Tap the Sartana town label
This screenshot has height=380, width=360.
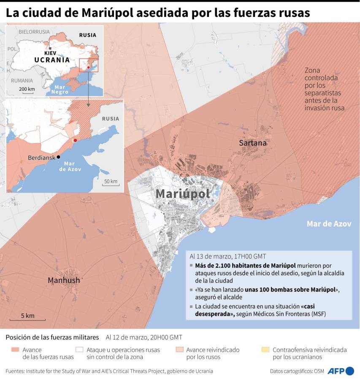(x=253, y=143)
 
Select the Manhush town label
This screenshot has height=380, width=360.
(x=64, y=280)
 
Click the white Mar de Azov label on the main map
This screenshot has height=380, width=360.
(x=329, y=224)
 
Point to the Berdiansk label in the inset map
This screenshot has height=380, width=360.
(x=42, y=157)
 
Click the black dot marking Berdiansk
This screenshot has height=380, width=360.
(x=59, y=157)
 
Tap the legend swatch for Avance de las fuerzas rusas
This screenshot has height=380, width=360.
(x=15, y=350)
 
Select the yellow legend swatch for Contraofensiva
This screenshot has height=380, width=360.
(x=265, y=350)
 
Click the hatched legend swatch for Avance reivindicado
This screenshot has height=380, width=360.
(x=179, y=350)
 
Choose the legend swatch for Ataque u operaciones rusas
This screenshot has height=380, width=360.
(x=79, y=350)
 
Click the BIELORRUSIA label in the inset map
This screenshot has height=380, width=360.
(x=34, y=32)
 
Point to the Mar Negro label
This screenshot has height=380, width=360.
(x=58, y=89)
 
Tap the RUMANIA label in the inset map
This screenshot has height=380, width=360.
(x=22, y=80)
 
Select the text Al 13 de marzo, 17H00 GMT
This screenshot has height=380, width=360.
(x=228, y=256)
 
